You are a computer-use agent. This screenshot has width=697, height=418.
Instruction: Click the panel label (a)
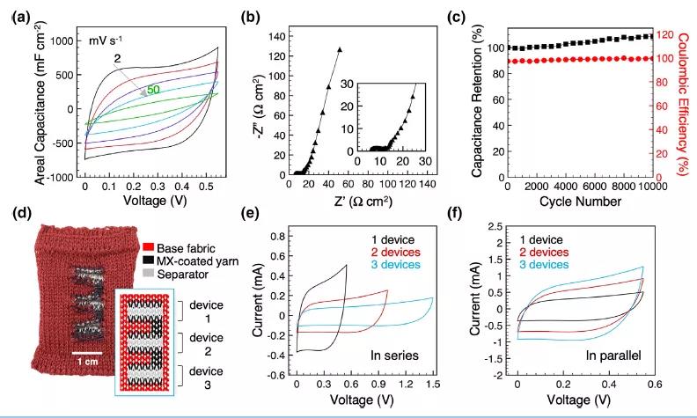click(20, 14)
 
